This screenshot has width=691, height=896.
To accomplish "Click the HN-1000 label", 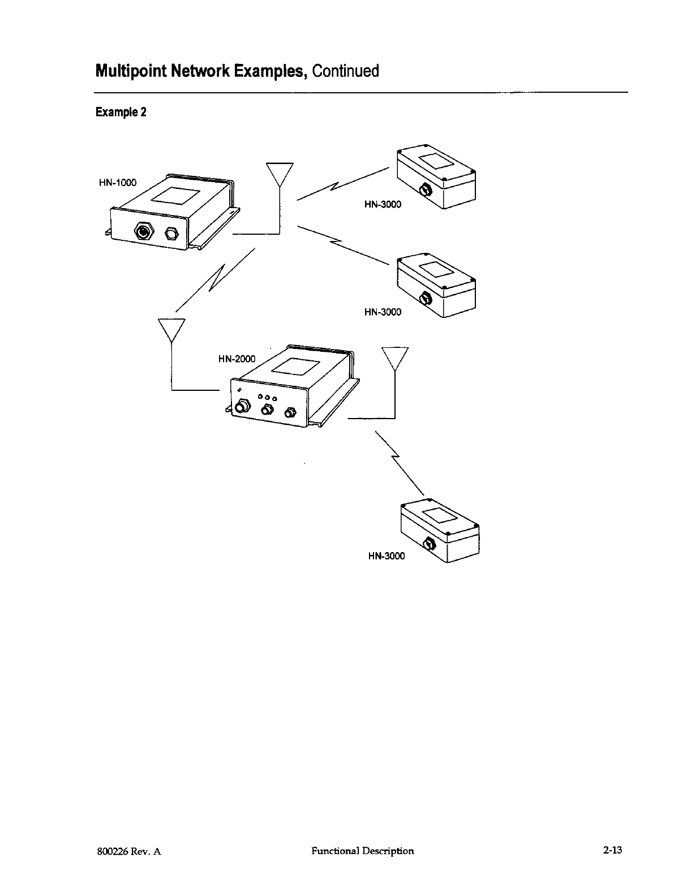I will tap(118, 183).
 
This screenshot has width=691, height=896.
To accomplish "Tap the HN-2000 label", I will tap(237, 359).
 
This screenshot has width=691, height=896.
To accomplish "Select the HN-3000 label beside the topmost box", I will tap(383, 204).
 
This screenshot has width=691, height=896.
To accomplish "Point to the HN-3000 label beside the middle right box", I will tap(383, 312).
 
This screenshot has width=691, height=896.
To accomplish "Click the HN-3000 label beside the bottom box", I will tap(387, 556).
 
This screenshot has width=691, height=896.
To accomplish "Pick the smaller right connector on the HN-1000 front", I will tap(171, 234).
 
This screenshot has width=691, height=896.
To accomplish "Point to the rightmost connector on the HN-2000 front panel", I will tap(290, 412).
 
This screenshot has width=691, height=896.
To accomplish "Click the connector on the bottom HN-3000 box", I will tap(430, 545).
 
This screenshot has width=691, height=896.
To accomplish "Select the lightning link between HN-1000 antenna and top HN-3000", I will tap(341, 182).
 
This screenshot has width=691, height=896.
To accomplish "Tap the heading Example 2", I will tap(121, 112).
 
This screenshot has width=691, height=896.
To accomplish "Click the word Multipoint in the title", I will tap(131, 71).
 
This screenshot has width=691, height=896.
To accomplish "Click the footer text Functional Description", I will tap(362, 850).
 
